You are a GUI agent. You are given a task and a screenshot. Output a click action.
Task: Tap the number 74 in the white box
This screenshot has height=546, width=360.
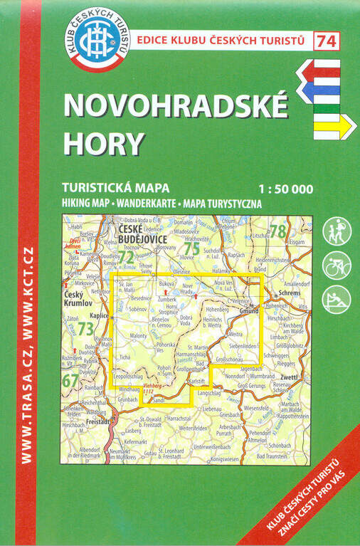[327, 41]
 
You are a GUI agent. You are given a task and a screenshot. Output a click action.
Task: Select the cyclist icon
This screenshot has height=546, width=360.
[337, 266]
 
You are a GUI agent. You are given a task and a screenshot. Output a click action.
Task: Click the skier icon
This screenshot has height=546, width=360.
[337, 299]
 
